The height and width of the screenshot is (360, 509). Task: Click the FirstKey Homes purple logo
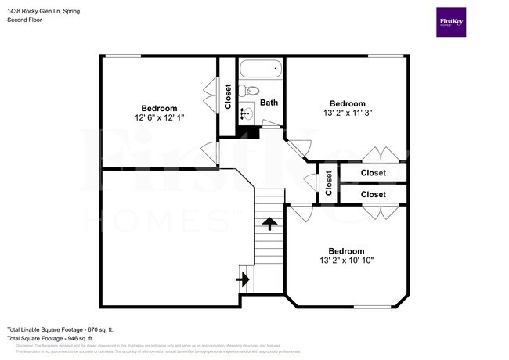coord(452,22)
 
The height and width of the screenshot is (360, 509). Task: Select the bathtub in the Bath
coord(259,69)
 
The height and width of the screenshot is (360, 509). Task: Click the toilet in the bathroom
coord(246,92)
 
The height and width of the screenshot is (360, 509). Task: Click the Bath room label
coord(269,102)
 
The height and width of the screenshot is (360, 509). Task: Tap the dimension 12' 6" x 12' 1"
coord(159,118)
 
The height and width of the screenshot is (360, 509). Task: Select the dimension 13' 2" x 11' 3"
coord(346,113)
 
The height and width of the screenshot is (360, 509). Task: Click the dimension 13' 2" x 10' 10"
coord(346,260)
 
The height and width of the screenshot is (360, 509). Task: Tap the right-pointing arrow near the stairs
coord(244,278)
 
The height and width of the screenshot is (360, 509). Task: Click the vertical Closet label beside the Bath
coord(228,96)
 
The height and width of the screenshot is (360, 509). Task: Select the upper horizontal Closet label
coord(373,173)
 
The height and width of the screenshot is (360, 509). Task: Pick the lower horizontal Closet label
coord(373,194)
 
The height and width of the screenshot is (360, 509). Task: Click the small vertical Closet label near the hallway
coord(328,183)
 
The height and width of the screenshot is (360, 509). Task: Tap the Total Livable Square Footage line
coord(60,330)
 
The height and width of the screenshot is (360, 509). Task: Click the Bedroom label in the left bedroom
coord(159,108)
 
